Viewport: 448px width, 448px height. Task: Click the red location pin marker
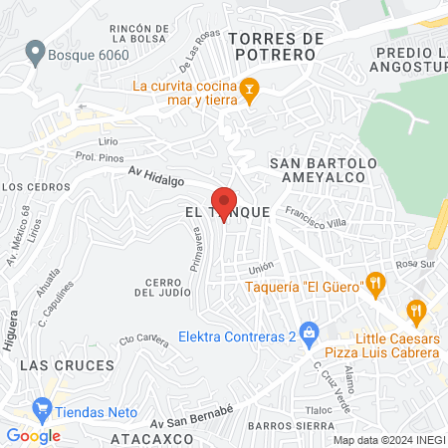pyautogui.click(x=224, y=203)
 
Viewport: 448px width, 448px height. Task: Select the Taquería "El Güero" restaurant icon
pyautogui.click(x=374, y=282)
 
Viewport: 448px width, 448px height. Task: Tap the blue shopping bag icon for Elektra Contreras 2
pyautogui.click(x=310, y=331)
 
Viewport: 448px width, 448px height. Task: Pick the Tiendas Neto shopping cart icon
pyautogui.click(x=42, y=407)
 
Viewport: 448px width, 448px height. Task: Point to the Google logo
pyautogui.click(x=33, y=435)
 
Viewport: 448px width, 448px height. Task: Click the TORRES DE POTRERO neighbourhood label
pyautogui.click(x=276, y=46)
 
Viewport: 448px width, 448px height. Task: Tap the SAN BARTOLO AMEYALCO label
pyautogui.click(x=324, y=170)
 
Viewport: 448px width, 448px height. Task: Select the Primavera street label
pyautogui.click(x=197, y=252)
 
